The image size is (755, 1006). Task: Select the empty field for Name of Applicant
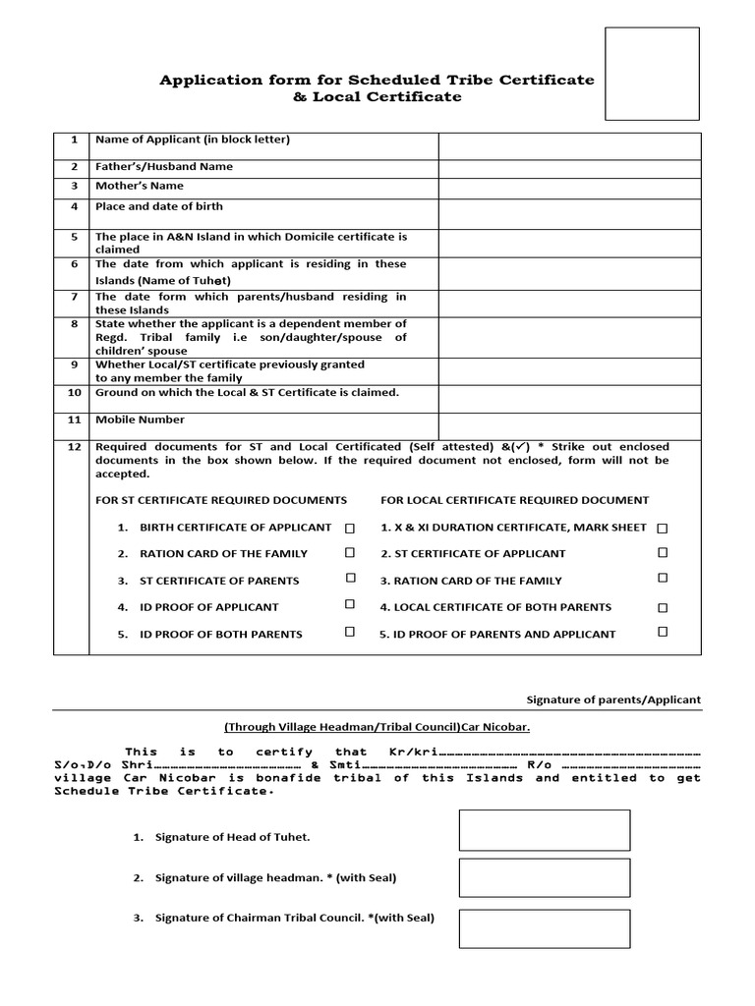click(569, 144)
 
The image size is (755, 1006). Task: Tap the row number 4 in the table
click(73, 207)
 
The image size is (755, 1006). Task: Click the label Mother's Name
click(139, 186)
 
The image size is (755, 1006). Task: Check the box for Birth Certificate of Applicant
click(349, 528)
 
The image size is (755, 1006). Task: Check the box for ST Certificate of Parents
click(349, 580)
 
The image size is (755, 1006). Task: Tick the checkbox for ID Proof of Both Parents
click(349, 633)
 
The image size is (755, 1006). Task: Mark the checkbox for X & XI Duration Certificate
click(663, 528)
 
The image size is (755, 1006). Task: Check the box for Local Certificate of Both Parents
click(663, 607)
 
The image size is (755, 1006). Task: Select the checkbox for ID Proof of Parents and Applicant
click(663, 633)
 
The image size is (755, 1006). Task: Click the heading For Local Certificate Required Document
click(514, 500)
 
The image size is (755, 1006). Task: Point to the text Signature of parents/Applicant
click(614, 699)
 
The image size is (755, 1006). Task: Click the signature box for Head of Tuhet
click(545, 830)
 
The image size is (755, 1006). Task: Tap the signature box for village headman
click(545, 877)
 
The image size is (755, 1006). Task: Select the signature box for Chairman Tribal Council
click(545, 928)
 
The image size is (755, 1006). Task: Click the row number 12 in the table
click(73, 447)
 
